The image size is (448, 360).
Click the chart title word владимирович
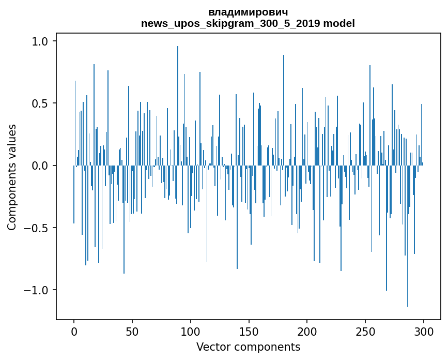[248, 12]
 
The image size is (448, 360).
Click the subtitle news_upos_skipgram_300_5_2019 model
[248, 23]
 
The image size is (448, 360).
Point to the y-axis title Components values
[12, 177]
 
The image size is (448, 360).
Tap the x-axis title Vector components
[248, 347]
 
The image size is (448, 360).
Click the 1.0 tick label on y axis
[41, 41]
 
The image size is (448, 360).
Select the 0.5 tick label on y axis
[41, 103]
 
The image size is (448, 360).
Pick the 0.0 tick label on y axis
[41, 166]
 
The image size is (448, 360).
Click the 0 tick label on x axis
[74, 332]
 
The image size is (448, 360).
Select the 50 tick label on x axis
[132, 332]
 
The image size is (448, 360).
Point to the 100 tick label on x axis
[191, 332]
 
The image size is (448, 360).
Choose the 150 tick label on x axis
[249, 332]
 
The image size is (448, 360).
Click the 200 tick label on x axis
[307, 332]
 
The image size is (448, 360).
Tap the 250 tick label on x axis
[365, 332]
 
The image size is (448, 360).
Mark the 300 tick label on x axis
[423, 332]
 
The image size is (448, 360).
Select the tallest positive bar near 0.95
[178, 103]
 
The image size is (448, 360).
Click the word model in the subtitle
[339, 23]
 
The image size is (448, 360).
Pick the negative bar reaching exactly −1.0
[386, 233]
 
